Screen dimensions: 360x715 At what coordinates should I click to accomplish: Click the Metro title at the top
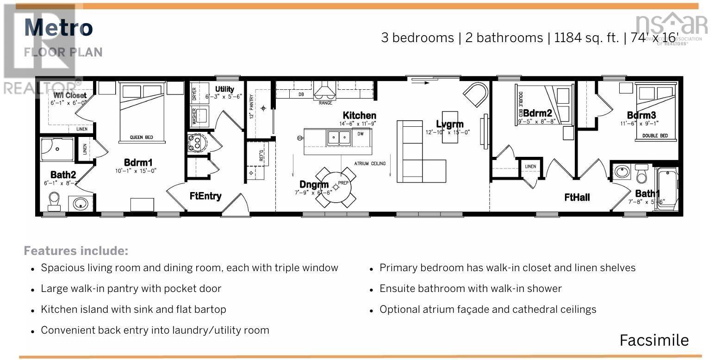(x=58, y=28)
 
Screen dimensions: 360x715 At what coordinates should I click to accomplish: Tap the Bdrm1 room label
(x=138, y=162)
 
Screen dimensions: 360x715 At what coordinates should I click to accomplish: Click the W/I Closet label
(x=70, y=95)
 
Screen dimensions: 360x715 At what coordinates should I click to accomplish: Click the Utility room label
(x=224, y=89)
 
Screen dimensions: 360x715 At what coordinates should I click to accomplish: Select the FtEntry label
(x=205, y=196)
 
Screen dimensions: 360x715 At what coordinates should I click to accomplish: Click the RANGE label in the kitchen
(x=325, y=103)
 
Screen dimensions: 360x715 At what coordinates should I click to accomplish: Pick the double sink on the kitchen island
(x=339, y=137)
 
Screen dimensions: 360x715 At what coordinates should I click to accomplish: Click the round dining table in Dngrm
(x=336, y=187)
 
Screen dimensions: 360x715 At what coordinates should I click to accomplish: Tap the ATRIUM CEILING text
(x=370, y=163)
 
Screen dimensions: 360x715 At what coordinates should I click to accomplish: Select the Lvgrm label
(x=449, y=124)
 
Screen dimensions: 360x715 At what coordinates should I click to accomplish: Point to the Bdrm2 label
(x=537, y=113)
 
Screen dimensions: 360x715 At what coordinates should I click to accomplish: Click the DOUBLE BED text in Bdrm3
(x=654, y=136)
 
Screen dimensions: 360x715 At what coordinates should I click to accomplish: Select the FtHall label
(x=577, y=198)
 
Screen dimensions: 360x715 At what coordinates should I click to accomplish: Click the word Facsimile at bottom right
(x=654, y=340)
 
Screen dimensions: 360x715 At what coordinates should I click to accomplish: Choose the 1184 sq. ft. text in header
(x=586, y=37)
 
